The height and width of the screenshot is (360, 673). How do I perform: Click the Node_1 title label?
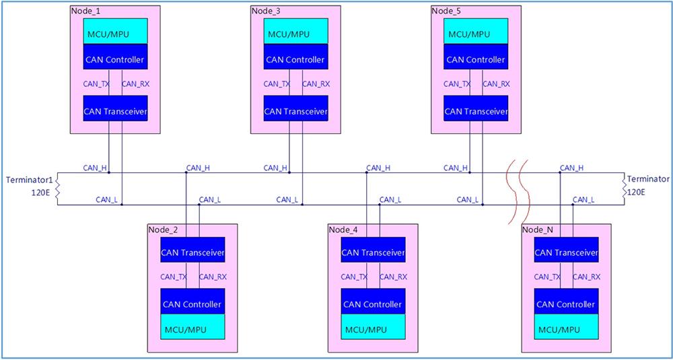(x=85, y=11)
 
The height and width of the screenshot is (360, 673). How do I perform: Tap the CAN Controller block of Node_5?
(x=476, y=59)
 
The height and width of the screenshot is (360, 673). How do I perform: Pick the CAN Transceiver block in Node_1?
(x=115, y=110)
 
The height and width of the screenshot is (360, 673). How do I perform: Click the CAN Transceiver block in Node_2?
(x=192, y=252)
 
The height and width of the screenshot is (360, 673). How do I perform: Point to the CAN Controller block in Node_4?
(x=373, y=304)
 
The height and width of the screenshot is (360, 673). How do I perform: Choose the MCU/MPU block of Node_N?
(x=566, y=330)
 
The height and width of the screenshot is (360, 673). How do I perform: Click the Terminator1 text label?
(x=28, y=180)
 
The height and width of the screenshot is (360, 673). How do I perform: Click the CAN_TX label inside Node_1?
(x=96, y=84)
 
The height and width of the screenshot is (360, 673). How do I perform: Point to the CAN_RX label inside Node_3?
(x=316, y=84)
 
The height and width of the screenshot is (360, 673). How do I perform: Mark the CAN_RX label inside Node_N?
(x=586, y=277)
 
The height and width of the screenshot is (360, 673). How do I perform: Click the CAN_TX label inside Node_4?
(x=354, y=277)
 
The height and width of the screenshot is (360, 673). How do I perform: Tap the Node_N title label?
(x=538, y=229)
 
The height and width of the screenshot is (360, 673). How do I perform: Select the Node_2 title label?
(x=163, y=229)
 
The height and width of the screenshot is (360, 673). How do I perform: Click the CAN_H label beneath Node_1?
(x=95, y=168)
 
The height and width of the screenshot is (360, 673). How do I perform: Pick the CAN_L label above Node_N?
(x=583, y=199)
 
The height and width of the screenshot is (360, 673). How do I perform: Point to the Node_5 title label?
(x=446, y=11)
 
